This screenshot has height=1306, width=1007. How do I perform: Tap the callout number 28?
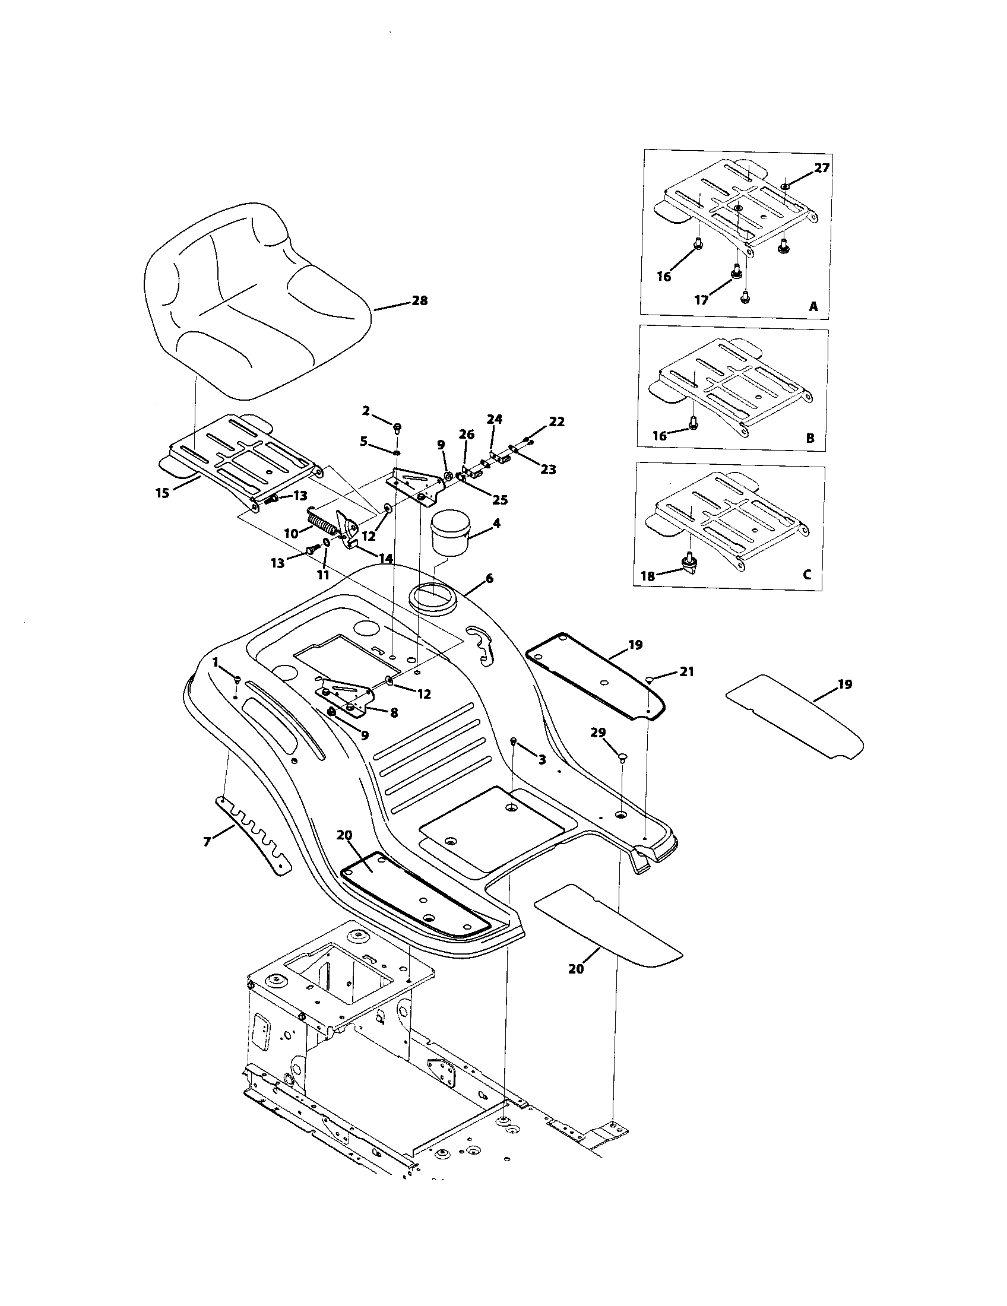click(x=420, y=301)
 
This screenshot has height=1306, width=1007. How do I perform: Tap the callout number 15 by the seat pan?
click(x=163, y=493)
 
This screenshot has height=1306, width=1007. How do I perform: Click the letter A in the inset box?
click(x=813, y=307)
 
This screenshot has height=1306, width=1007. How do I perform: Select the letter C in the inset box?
click(x=807, y=575)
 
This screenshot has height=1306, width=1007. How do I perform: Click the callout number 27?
click(x=822, y=168)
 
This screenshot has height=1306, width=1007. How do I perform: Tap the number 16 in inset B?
click(x=660, y=436)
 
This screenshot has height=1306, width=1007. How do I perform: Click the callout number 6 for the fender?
click(x=489, y=578)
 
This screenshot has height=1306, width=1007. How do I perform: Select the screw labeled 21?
click(x=650, y=679)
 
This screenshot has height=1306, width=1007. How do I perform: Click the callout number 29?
click(x=598, y=733)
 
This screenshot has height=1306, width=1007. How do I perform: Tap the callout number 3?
click(x=541, y=760)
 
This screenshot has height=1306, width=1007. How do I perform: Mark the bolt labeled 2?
click(x=397, y=427)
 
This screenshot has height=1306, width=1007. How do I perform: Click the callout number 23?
click(x=548, y=470)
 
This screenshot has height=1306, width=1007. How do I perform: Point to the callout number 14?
click(x=385, y=559)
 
